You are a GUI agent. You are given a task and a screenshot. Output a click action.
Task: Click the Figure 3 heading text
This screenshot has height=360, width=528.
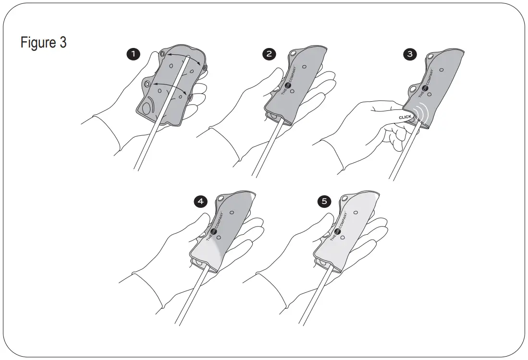[43, 43]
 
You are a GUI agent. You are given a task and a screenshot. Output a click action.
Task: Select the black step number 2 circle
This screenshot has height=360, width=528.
[269, 54]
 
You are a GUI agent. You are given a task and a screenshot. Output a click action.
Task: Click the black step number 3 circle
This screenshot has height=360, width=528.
[409, 54]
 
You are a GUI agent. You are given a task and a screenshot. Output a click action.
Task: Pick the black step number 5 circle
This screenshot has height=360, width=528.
[326, 202]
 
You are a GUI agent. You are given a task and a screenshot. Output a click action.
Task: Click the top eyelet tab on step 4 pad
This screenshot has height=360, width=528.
[221, 198]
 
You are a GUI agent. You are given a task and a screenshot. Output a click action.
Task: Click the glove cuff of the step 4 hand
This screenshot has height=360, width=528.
[144, 288]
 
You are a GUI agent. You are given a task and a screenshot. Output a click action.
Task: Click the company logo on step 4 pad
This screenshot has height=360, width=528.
[214, 229]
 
